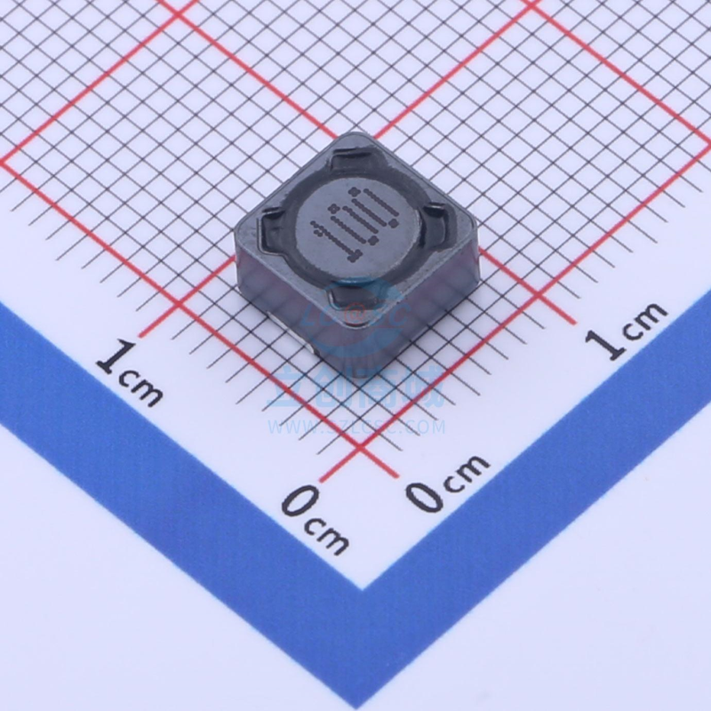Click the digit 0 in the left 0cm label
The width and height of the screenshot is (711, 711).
[298, 503]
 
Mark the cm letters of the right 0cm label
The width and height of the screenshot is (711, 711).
[466, 469]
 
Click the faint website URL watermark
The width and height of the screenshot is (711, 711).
[355, 427]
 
